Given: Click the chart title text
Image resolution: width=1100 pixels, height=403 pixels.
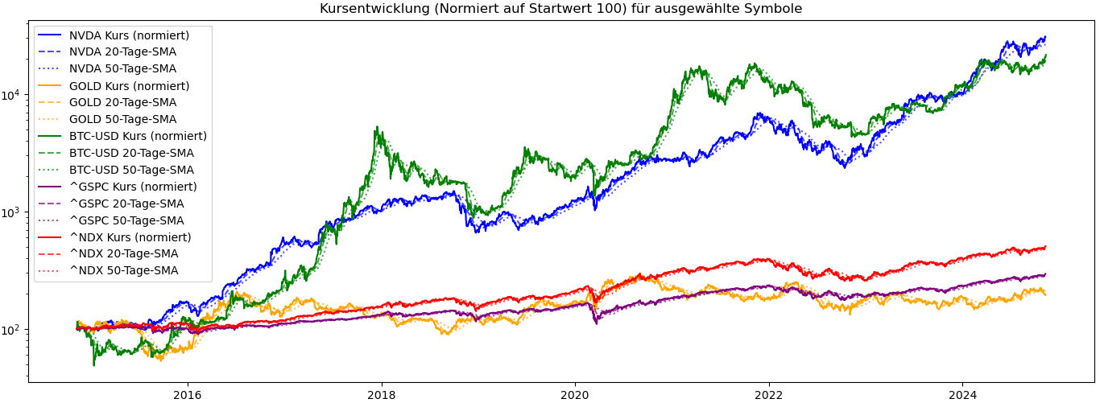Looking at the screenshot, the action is (560, 8).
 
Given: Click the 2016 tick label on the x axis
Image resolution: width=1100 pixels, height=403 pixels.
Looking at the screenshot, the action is (188, 395).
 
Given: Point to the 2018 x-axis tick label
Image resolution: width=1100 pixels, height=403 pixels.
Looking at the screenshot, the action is (382, 395).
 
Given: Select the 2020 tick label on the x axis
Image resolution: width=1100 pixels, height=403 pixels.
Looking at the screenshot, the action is (575, 395).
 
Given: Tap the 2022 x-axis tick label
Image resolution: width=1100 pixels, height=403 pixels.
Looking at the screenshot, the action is (769, 395).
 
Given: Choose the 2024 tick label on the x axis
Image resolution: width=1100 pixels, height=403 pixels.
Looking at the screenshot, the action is (962, 395).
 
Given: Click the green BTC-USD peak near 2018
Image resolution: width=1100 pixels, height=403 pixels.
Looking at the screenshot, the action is (377, 127).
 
